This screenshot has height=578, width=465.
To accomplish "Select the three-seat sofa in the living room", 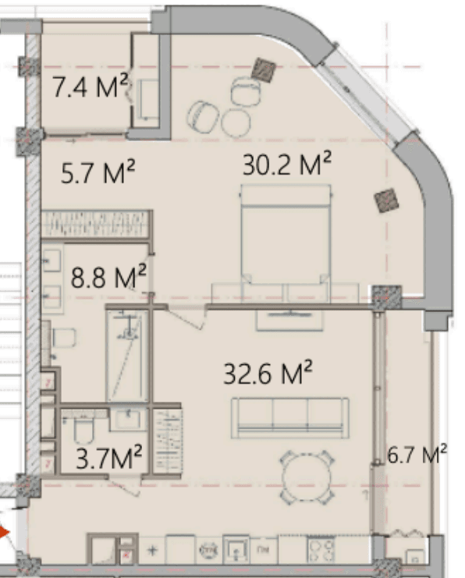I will (x=289, y=417).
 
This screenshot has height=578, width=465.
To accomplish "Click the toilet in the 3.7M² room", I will (x=81, y=431).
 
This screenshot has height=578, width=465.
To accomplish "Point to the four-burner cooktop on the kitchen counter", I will (x=321, y=550).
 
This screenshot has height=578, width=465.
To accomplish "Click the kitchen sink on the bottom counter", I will (x=235, y=551).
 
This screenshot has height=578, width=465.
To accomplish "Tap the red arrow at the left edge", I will (x=4, y=534).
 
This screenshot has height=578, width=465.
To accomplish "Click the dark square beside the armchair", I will (x=264, y=69).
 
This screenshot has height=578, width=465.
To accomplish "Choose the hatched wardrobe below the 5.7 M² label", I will (x=96, y=224).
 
